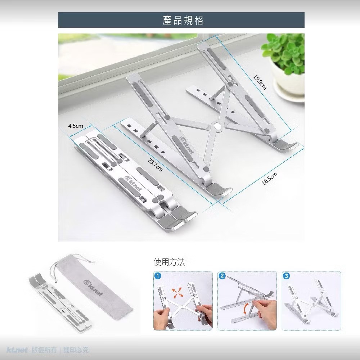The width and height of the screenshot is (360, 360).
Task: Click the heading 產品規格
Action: point(183,20)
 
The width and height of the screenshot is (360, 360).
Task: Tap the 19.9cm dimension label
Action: point(260,82)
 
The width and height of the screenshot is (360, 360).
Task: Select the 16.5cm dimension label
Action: point(269,179)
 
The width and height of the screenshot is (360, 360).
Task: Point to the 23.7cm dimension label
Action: point(155,165)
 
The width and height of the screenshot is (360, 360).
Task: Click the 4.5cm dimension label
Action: point(76,126)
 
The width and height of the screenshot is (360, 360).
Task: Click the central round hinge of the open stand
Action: point(217,126)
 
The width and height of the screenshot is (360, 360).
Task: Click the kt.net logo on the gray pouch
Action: point(93,288)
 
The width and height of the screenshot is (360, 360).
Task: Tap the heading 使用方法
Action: point(169,262)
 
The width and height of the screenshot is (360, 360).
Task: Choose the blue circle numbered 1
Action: point(158,276)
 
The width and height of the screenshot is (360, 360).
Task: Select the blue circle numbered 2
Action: point(222,276)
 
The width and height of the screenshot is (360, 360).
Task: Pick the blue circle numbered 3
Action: point(286,276)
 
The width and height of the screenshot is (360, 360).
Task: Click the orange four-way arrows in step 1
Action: point(177,293)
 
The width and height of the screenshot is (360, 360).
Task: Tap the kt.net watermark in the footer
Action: point(17,350)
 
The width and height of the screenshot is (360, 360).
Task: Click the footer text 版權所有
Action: point(44,350)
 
